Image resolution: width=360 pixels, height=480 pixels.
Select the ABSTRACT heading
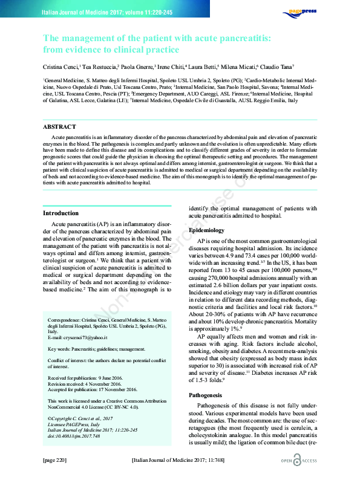pyautogui.click(x=59, y=127)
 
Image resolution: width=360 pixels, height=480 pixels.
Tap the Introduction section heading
pyautogui.click(x=61, y=213)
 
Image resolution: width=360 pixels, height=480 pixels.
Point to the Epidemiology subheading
pyautogui.click(x=206, y=230)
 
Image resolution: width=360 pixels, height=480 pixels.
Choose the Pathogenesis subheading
pyautogui.click(x=205, y=378)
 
